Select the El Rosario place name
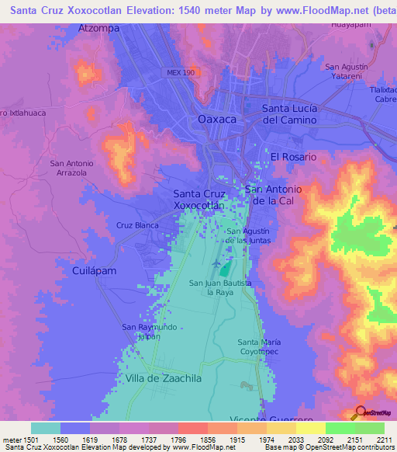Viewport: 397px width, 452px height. pyautogui.click(x=293, y=157)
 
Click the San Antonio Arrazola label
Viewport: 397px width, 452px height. pyautogui.click(x=71, y=169)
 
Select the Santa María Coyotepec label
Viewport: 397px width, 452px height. pyautogui.click(x=259, y=347)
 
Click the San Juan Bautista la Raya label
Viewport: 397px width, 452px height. pyautogui.click(x=220, y=289)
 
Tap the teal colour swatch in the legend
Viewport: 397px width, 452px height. pyautogui.click(x=46, y=428)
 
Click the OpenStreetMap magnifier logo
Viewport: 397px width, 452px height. pyautogui.click(x=360, y=412)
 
